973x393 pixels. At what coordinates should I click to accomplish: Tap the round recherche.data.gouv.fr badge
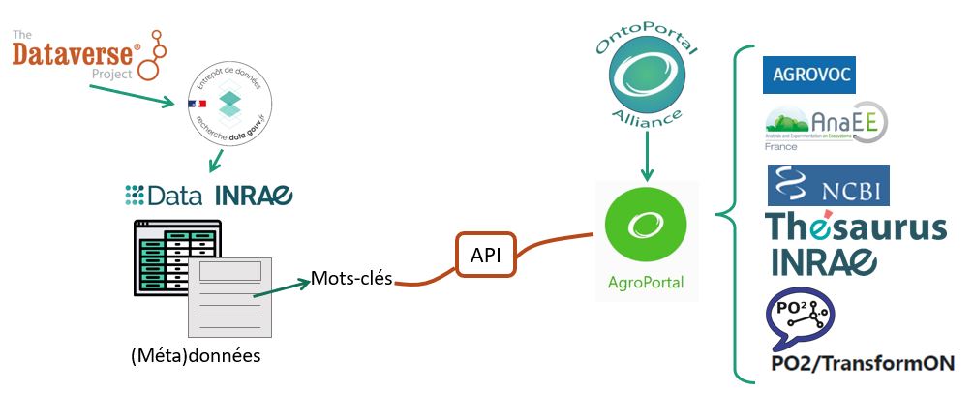pyautogui.click(x=228, y=107)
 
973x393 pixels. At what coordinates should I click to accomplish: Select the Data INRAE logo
pyautogui.click(x=208, y=195)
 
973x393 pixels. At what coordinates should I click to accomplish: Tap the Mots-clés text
pyautogui.click(x=351, y=279)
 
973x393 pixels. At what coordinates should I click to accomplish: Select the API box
pyautogui.click(x=485, y=257)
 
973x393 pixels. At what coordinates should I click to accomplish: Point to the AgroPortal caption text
pyautogui.click(x=645, y=283)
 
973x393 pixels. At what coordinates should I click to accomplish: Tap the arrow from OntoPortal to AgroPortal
pyautogui.click(x=641, y=154)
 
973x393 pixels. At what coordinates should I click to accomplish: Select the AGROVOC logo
pyautogui.click(x=809, y=74)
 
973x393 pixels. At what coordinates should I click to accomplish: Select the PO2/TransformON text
pyautogui.click(x=860, y=364)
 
